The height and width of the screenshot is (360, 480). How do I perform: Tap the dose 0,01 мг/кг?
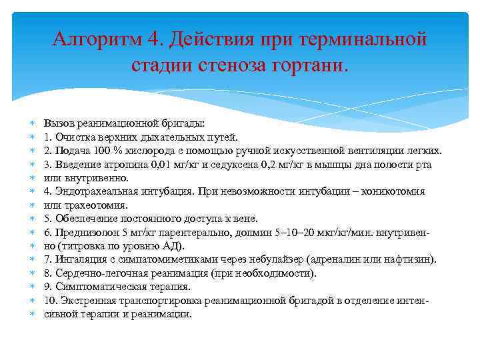coord(166,165)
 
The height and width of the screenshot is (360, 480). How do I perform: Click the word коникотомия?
coord(393,192)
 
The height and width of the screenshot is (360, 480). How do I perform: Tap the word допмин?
coord(250,233)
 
